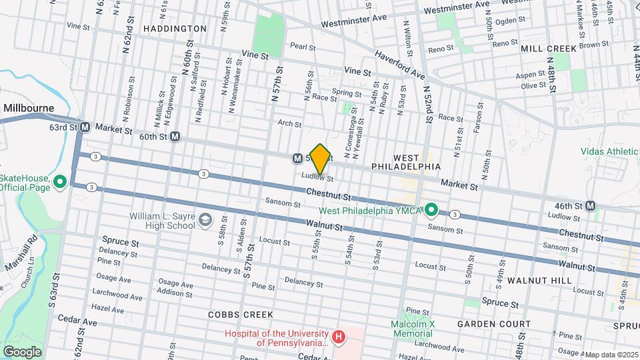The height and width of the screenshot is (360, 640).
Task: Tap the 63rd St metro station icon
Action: point(85,127)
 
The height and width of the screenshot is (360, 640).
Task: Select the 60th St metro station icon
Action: point(175,137)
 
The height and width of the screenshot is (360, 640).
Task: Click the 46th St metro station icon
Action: point(590,206)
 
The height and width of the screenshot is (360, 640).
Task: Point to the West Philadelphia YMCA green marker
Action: point(431,211)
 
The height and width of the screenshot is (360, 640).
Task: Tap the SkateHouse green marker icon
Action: point(59,181)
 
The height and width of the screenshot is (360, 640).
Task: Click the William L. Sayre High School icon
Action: point(205,220)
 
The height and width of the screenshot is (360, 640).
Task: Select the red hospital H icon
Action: point(339,337)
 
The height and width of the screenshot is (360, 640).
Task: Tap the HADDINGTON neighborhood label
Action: point(175,29)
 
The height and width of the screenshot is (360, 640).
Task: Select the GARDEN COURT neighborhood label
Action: point(494,324)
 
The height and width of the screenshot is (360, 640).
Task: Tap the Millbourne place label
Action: point(29,107)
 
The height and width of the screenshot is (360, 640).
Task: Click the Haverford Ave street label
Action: point(399,64)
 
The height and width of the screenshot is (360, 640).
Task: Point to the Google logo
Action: point(22,351)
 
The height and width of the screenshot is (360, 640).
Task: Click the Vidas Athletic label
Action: point(609,152)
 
